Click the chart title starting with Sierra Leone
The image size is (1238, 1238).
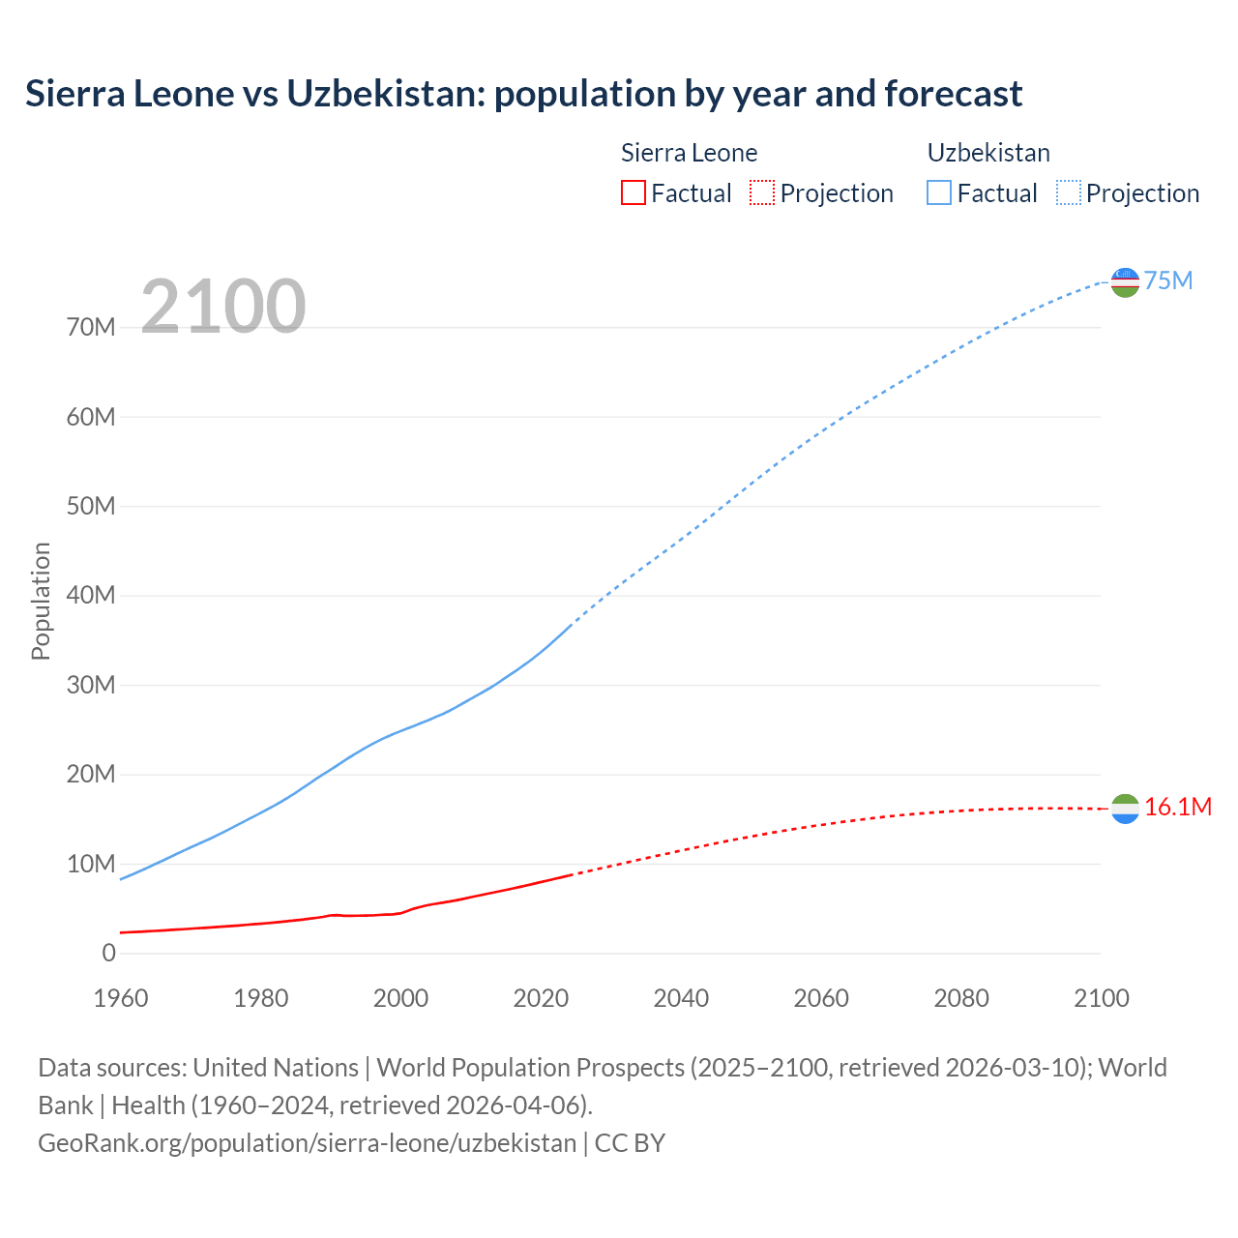[523, 94]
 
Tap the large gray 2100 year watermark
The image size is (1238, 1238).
[223, 307]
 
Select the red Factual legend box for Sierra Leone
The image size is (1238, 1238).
[633, 192]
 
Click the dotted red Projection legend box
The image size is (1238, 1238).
[762, 192]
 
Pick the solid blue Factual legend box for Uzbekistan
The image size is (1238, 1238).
[938, 192]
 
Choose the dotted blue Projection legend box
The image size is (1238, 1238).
[1069, 192]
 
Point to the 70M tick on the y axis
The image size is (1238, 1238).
[91, 327]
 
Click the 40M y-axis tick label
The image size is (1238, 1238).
[91, 595]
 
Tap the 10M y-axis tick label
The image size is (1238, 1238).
[91, 864]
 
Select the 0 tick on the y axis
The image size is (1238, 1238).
[108, 953]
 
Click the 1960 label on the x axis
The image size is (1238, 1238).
[121, 998]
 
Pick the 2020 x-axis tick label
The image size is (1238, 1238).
[541, 998]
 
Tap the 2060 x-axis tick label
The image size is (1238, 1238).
[821, 998]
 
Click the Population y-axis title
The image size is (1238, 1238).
[41, 601]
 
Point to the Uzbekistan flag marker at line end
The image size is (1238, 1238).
[1125, 281]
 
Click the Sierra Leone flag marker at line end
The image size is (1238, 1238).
[1125, 809]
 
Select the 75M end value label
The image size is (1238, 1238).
[1168, 280]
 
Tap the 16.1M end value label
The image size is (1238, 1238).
[1178, 807]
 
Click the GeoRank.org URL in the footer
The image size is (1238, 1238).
[307, 1142]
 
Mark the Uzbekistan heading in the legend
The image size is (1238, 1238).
[988, 153]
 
